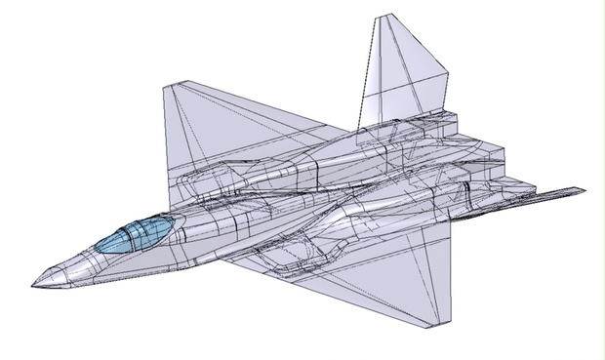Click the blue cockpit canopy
pos(137,233)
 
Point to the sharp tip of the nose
pos(31,286)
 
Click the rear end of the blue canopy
pos(176,222)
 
